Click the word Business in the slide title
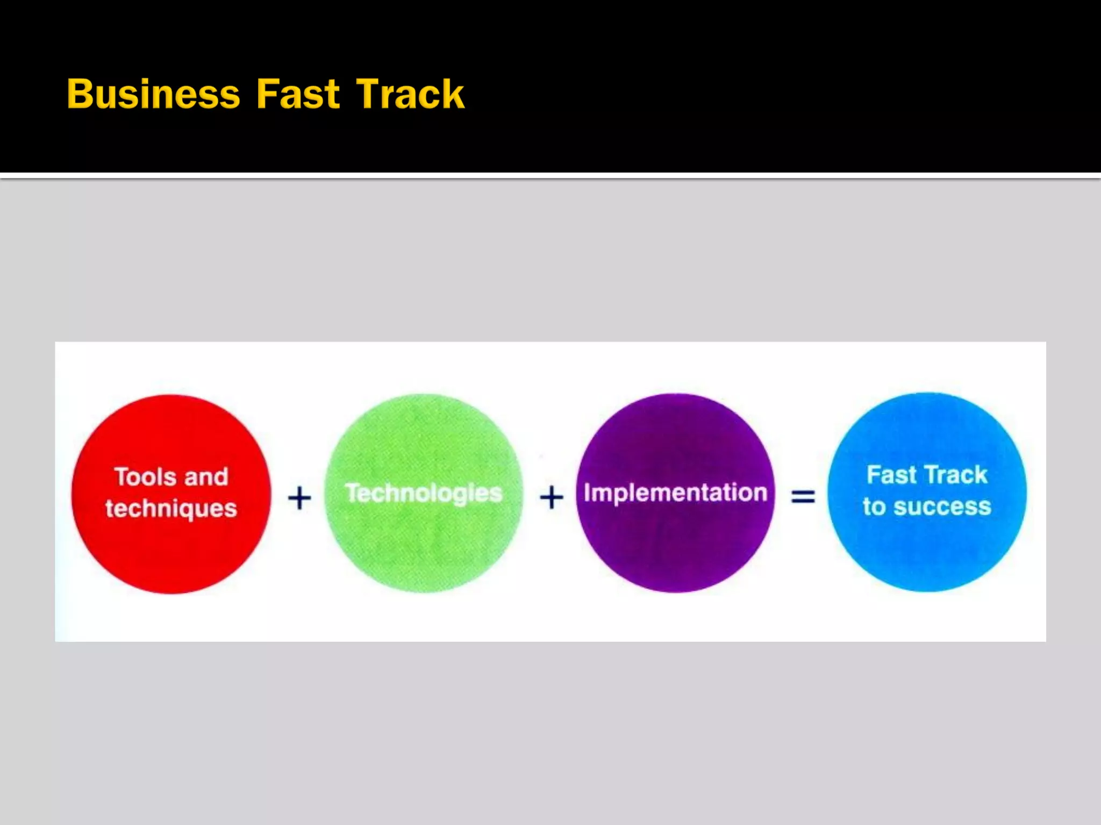[153, 95]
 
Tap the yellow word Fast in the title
[298, 95]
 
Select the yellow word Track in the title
[410, 95]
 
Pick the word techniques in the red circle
[171, 509]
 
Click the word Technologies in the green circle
[424, 493]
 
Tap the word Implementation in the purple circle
[675, 493]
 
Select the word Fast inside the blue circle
[891, 475]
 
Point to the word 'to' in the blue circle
[874, 506]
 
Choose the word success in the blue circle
[942, 506]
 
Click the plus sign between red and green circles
[299, 497]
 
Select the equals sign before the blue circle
[803, 496]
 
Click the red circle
[171, 553]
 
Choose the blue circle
[927, 553]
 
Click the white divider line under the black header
[550, 176]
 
